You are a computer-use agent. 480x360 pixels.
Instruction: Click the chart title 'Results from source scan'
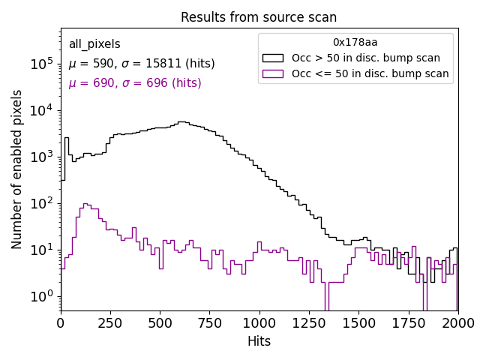coord(259,17)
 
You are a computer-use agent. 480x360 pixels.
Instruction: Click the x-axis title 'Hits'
coord(259,341)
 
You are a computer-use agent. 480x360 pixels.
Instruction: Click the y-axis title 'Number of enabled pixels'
coord(17,169)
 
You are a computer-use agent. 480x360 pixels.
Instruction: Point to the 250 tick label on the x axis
coord(160,323)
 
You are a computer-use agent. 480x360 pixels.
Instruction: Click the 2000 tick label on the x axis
coord(457,323)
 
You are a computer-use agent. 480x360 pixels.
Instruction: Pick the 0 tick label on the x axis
coord(61,323)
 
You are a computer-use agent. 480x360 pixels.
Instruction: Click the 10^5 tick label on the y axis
coord(41,64)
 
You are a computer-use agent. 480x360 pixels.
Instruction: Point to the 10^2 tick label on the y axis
coord(41,203)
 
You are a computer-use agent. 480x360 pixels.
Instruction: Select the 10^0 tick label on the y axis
coord(41,296)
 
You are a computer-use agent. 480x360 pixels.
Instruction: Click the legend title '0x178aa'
coord(355,43)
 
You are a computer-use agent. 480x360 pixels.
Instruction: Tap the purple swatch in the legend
coord(274,73)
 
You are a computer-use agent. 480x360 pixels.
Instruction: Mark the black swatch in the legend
coord(274,58)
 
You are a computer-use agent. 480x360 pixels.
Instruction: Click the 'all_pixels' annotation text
coord(94,44)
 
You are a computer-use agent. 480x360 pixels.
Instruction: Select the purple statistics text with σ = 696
coord(135,83)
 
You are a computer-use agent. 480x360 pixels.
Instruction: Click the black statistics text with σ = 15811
coord(142,64)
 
